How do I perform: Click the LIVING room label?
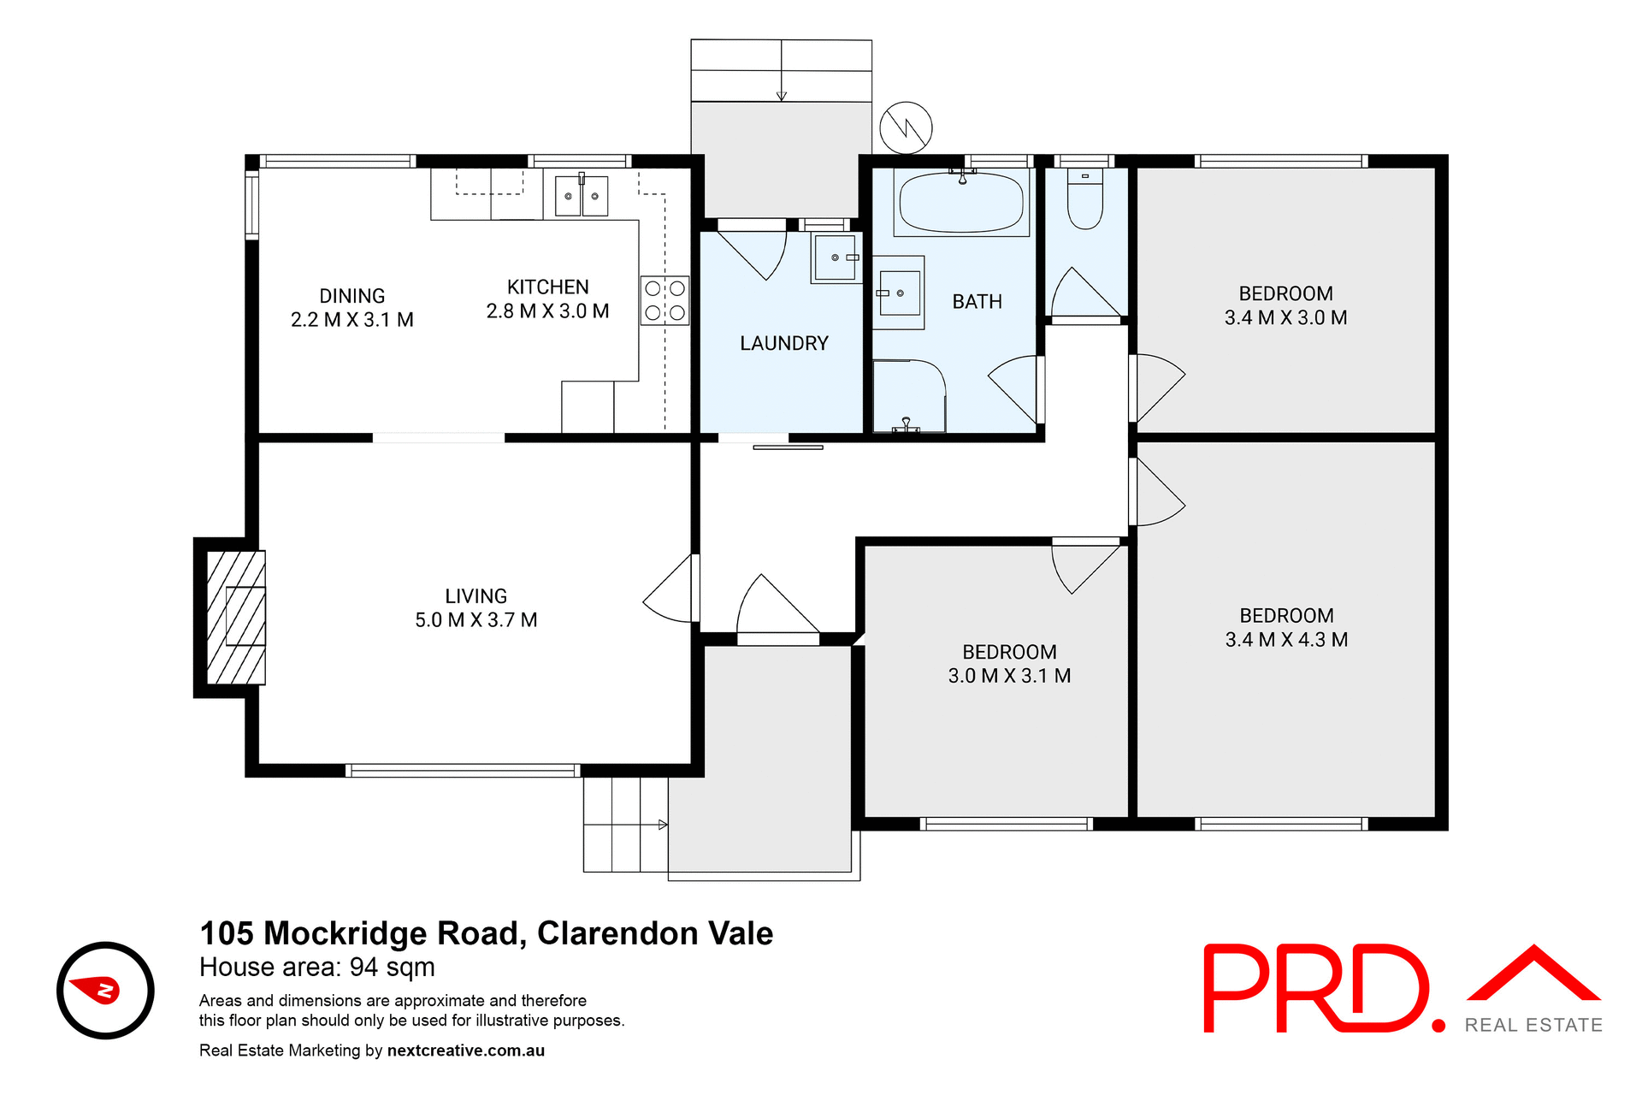475,607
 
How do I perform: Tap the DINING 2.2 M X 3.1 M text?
351,308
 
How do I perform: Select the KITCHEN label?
547,287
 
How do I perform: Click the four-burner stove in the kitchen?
664,300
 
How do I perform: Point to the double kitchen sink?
582,196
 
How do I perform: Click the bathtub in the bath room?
961,203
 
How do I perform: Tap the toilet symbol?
1084,200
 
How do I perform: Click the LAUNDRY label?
783,343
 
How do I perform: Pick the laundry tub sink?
836,257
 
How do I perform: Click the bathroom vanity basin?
899,293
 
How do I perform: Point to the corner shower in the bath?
908,396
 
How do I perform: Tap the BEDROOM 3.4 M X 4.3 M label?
1286,627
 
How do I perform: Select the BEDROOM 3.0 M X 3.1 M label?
1009,664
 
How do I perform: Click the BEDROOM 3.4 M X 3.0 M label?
1285,305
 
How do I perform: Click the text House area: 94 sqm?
317,968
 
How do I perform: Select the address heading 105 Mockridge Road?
486,933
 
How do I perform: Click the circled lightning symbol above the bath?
906,128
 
